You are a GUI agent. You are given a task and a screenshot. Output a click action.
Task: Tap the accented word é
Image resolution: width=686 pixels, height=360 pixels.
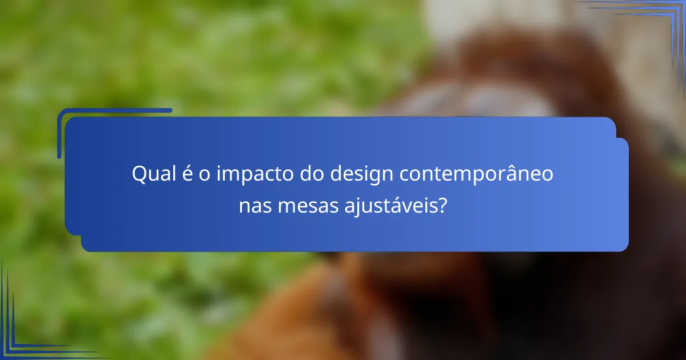[x=187, y=174]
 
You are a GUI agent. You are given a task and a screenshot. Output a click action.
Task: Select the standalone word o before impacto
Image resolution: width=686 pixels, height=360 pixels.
[x=204, y=174]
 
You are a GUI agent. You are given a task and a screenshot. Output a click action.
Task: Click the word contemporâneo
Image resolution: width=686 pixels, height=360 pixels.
[x=477, y=174]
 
